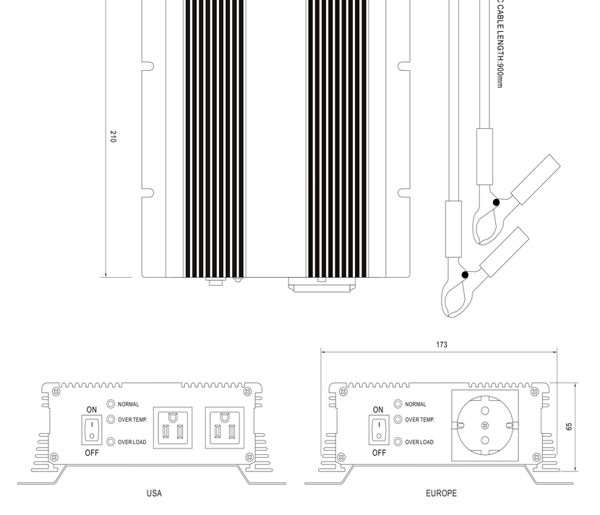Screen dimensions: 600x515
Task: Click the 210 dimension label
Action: [x=113, y=136]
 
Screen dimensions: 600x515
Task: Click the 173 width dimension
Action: [x=442, y=344]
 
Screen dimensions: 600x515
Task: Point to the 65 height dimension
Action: [x=569, y=427]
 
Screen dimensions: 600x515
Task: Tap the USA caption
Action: [x=154, y=493]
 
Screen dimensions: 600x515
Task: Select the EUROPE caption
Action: [x=441, y=493]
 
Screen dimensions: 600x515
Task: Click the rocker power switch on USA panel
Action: [x=92, y=430]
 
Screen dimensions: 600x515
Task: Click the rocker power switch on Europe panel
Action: [x=379, y=430]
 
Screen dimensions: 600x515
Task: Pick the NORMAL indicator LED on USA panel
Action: [x=111, y=404]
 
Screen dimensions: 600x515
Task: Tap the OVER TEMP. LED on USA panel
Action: [x=111, y=420]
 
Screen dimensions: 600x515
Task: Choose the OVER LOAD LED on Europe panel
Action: [x=398, y=442]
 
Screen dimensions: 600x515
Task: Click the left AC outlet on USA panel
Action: [x=173, y=427]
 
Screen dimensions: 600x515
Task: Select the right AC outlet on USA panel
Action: [x=225, y=427]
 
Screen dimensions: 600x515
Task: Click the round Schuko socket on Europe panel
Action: [x=485, y=425]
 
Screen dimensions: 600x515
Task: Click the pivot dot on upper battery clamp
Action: [x=496, y=203]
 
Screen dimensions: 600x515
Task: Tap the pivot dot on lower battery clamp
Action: [x=465, y=275]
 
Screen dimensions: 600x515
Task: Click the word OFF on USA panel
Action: [x=92, y=453]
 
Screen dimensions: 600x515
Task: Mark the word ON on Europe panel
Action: [x=378, y=409]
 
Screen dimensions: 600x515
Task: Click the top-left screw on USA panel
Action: [x=56, y=392]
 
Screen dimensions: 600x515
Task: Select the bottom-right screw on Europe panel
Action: [x=537, y=457]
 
